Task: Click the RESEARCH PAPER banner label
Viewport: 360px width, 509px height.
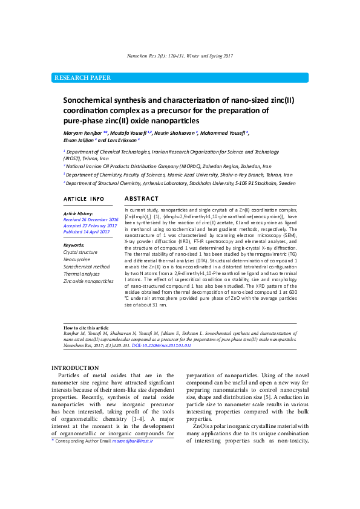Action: pos(83,78)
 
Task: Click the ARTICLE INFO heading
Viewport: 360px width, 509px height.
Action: pos(84,199)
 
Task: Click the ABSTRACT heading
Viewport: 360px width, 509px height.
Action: pos(141,199)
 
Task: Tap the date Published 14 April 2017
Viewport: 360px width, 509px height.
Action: pos(86,232)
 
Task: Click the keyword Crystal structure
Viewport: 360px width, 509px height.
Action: pos(80,252)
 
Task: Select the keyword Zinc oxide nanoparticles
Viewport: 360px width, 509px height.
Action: pos(88,281)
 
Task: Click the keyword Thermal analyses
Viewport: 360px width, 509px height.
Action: pos(82,274)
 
